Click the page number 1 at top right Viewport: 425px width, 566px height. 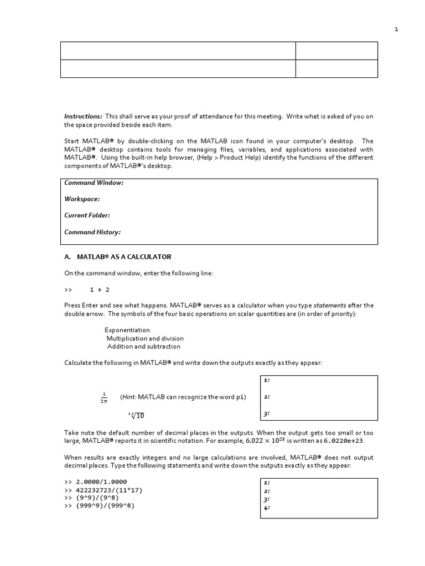click(396, 30)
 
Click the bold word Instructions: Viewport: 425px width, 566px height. click(83, 116)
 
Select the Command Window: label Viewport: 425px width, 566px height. click(94, 183)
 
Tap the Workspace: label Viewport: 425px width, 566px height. click(82, 199)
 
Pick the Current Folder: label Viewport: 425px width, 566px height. click(87, 216)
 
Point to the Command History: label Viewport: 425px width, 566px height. click(92, 232)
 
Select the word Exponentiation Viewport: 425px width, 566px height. click(127, 330)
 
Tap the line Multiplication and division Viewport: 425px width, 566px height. click(145, 338)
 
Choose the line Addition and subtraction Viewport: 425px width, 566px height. click(144, 347)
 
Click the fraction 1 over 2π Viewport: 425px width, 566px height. click(103, 397)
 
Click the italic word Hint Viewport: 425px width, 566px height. click(128, 397)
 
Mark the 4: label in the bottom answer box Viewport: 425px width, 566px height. click(267, 507)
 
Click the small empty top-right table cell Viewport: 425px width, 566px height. click(337, 50)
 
